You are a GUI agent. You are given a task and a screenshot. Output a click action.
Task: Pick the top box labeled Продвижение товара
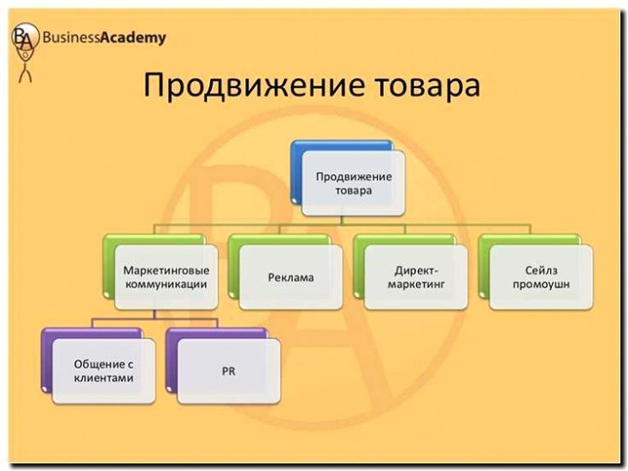coord(354,183)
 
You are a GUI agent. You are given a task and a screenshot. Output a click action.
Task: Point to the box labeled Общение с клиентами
coord(103,370)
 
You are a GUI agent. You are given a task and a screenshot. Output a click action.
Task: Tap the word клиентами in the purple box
coord(103,377)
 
